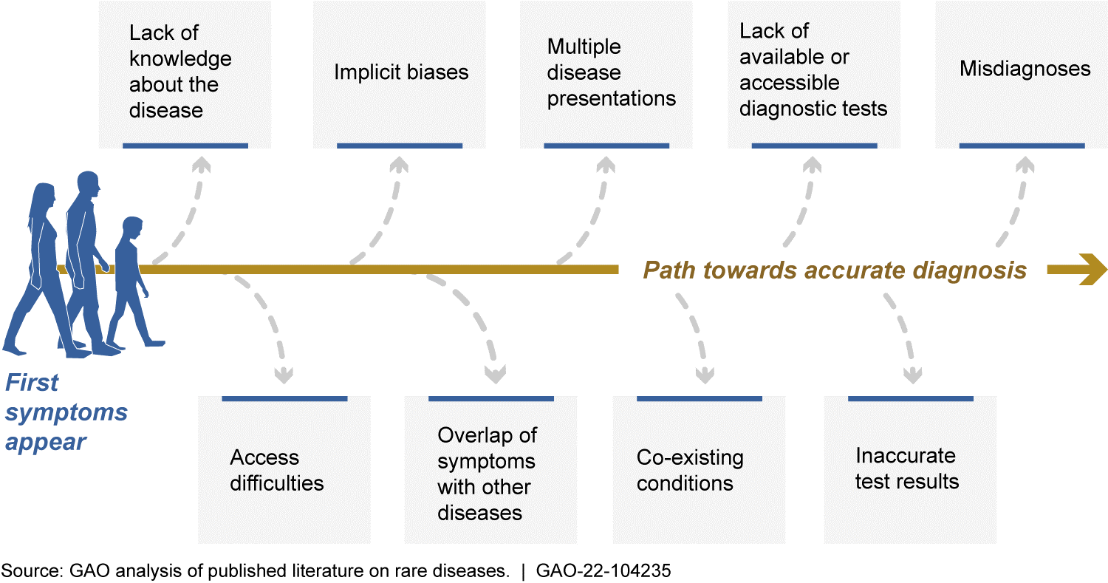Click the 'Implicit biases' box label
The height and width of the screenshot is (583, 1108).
[401, 72]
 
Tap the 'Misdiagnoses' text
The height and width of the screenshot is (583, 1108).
[1025, 69]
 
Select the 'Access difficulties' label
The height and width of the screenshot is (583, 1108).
[277, 471]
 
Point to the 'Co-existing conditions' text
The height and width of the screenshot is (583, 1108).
[690, 471]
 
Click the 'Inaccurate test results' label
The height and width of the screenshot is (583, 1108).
[906, 468]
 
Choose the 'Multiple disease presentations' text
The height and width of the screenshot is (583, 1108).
[611, 72]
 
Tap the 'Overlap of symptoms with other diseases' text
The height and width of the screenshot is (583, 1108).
[487, 474]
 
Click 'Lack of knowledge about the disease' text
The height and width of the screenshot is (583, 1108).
[180, 72]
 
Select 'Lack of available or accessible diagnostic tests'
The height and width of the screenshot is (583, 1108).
[813, 70]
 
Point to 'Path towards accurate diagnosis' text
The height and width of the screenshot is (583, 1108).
[835, 270]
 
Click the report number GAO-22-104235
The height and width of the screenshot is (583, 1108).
[604, 570]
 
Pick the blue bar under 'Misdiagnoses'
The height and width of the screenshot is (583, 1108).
[1022, 146]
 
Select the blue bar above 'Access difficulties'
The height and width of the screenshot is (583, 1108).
[284, 399]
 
